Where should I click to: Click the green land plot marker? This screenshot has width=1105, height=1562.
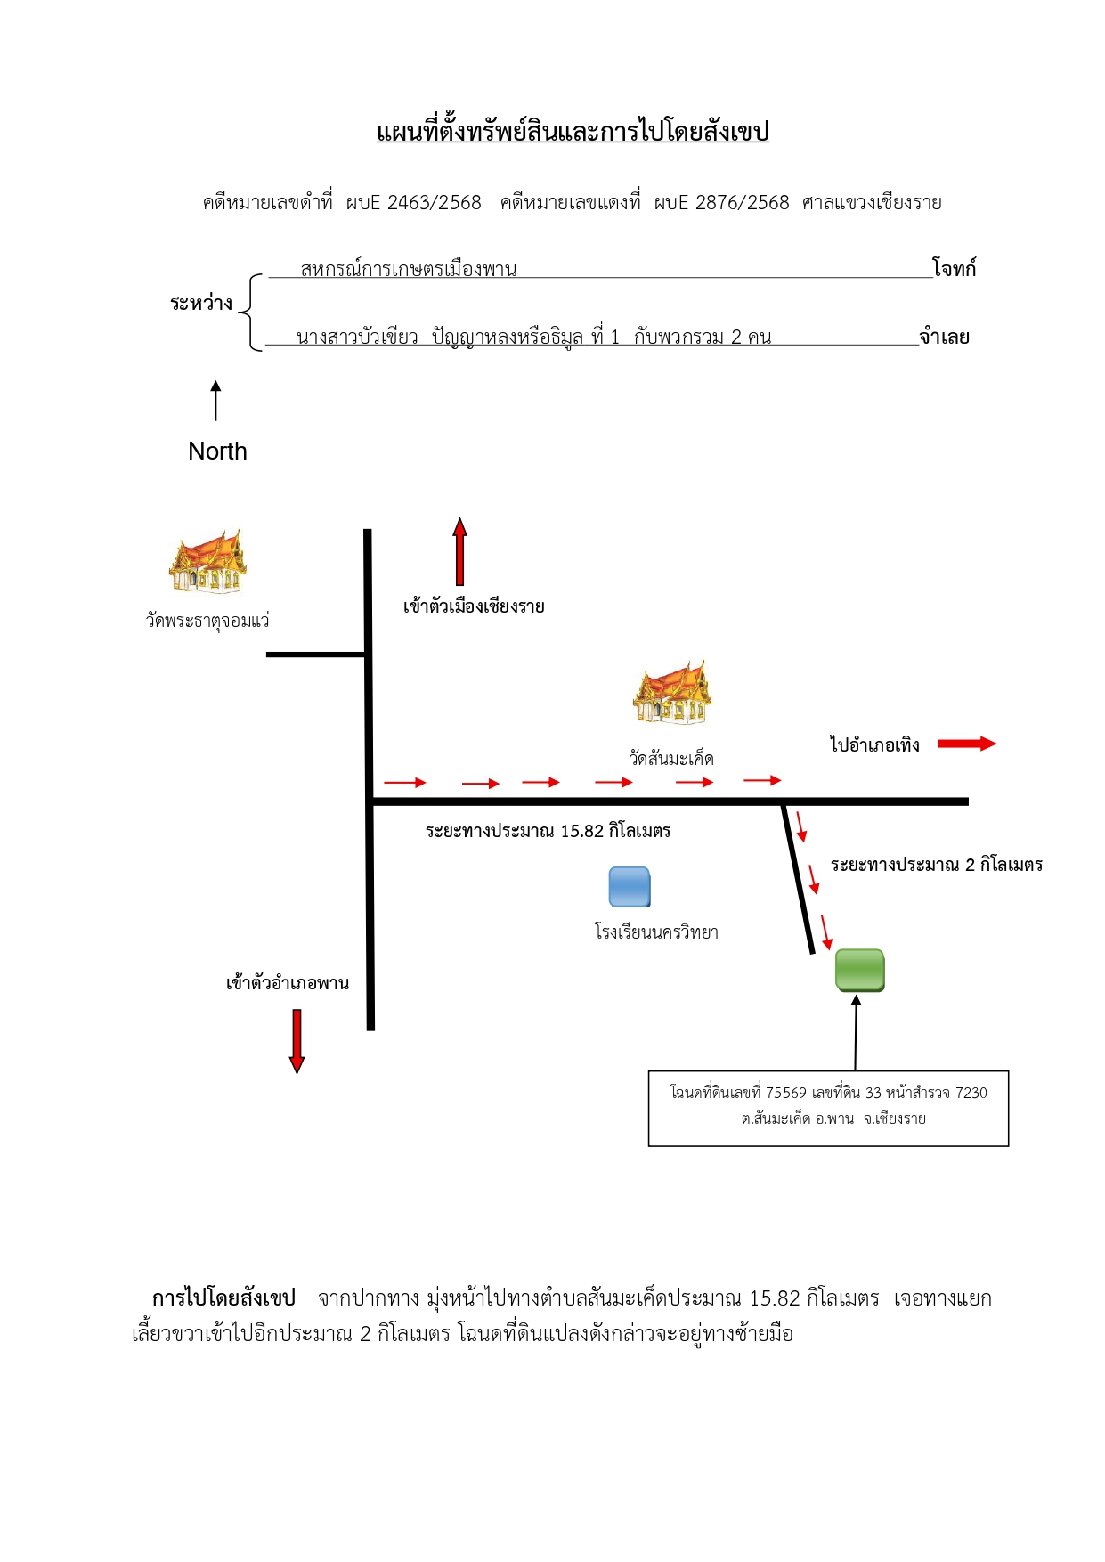pyautogui.click(x=859, y=970)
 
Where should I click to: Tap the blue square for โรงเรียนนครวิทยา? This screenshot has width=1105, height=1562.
pyautogui.click(x=630, y=887)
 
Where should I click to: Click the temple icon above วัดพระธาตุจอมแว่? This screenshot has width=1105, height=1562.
pyautogui.click(x=207, y=562)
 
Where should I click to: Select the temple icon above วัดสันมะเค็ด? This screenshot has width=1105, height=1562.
pyautogui.click(x=672, y=693)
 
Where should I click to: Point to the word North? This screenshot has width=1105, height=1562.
pyautogui.click(x=217, y=452)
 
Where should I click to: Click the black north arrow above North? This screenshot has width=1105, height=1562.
pyautogui.click(x=215, y=401)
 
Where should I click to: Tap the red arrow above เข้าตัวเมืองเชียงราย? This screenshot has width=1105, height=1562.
pyautogui.click(x=459, y=551)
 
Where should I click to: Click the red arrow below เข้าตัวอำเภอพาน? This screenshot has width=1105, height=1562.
pyautogui.click(x=297, y=1041)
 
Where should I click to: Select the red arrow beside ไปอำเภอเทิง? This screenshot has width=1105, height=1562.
pyautogui.click(x=967, y=744)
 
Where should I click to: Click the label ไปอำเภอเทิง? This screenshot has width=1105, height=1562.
pyautogui.click(x=874, y=744)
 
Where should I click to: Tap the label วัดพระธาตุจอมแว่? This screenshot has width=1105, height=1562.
pyautogui.click(x=207, y=620)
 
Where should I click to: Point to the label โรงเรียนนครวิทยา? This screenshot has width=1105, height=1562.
pyautogui.click(x=656, y=932)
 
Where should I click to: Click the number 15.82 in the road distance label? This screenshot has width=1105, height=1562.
pyautogui.click(x=581, y=831)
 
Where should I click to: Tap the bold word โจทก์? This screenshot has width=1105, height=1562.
pyautogui.click(x=955, y=267)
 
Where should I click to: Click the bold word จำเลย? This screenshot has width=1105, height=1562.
pyautogui.click(x=945, y=337)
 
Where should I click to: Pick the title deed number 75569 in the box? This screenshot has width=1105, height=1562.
pyautogui.click(x=786, y=1093)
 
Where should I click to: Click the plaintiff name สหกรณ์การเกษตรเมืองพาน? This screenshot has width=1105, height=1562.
pyautogui.click(x=409, y=269)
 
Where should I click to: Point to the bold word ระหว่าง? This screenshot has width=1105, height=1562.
pyautogui.click(x=201, y=303)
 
